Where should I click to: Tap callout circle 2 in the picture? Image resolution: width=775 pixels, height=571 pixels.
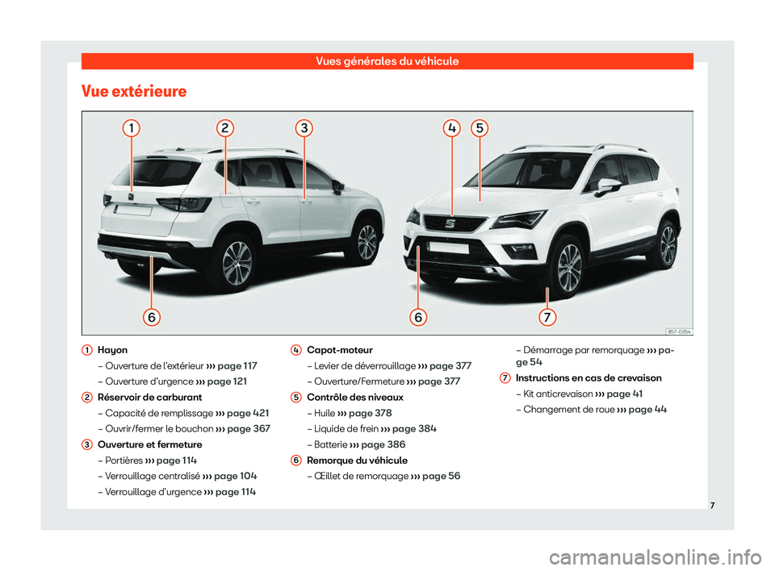225,127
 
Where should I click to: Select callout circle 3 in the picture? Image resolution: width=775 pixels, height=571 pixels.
303,127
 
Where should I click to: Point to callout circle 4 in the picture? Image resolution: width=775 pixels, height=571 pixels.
453,127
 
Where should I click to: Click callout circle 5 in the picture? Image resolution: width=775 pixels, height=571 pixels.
479,127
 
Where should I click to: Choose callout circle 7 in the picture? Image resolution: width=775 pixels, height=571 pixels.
547,317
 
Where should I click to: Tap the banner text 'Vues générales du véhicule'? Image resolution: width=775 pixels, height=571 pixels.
387,61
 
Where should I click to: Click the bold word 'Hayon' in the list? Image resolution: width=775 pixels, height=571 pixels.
112,351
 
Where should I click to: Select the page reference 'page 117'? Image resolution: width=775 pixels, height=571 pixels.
233,366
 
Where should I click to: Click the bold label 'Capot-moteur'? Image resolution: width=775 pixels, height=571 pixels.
340,351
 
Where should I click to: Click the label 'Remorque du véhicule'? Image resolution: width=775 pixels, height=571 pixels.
358,461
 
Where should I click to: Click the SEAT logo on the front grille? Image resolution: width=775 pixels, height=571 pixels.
451,223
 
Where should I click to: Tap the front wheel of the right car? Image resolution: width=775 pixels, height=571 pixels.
569,267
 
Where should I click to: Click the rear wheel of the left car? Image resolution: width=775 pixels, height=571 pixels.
237,262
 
